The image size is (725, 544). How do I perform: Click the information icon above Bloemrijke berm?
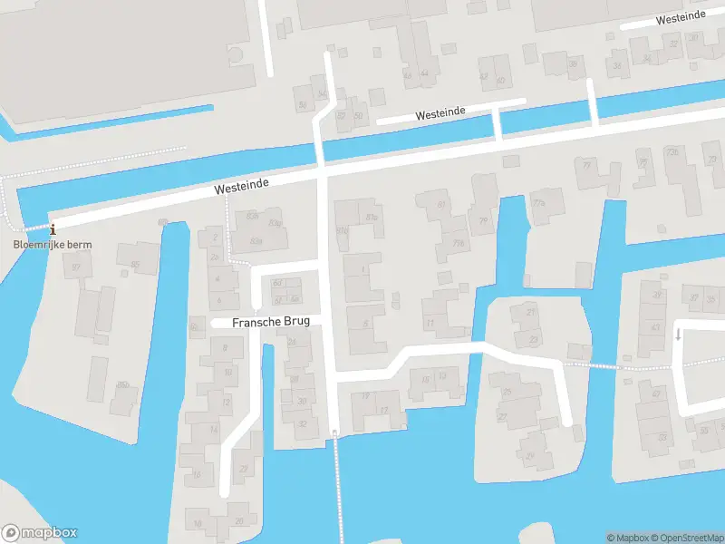coord(52,229)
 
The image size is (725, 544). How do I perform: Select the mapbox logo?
coord(39,533)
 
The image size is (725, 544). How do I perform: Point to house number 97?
coord(76,267)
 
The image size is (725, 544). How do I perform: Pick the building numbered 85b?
coord(121,385)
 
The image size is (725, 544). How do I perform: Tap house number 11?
coord(430,323)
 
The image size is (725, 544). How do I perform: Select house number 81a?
coord(372,218)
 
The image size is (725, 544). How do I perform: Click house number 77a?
coord(539,202)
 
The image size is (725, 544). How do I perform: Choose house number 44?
coord(423,74)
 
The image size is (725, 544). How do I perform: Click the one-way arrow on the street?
coord(678,335)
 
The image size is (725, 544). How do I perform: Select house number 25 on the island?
coord(507,392)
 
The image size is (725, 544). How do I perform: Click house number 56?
coord(303,105)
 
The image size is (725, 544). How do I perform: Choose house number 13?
coord(442,374)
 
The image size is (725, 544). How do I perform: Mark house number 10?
coord(227,372)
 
